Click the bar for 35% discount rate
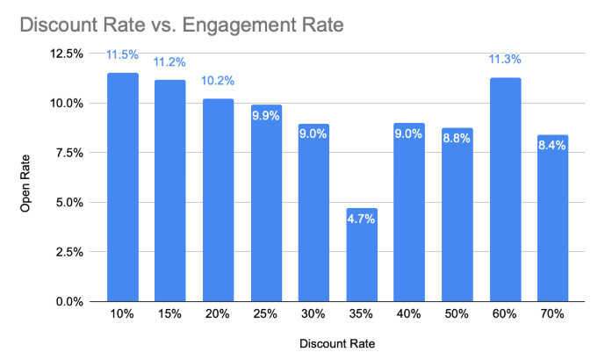[361, 259]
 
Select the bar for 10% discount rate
[122, 189]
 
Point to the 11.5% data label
[122, 54]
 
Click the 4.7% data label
[361, 219]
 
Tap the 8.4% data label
[552, 146]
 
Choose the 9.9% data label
[266, 116]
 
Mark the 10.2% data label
[218, 80]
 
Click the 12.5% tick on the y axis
[67, 54]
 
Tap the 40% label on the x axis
[408, 314]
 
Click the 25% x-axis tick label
[266, 314]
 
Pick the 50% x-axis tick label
[457, 314]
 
